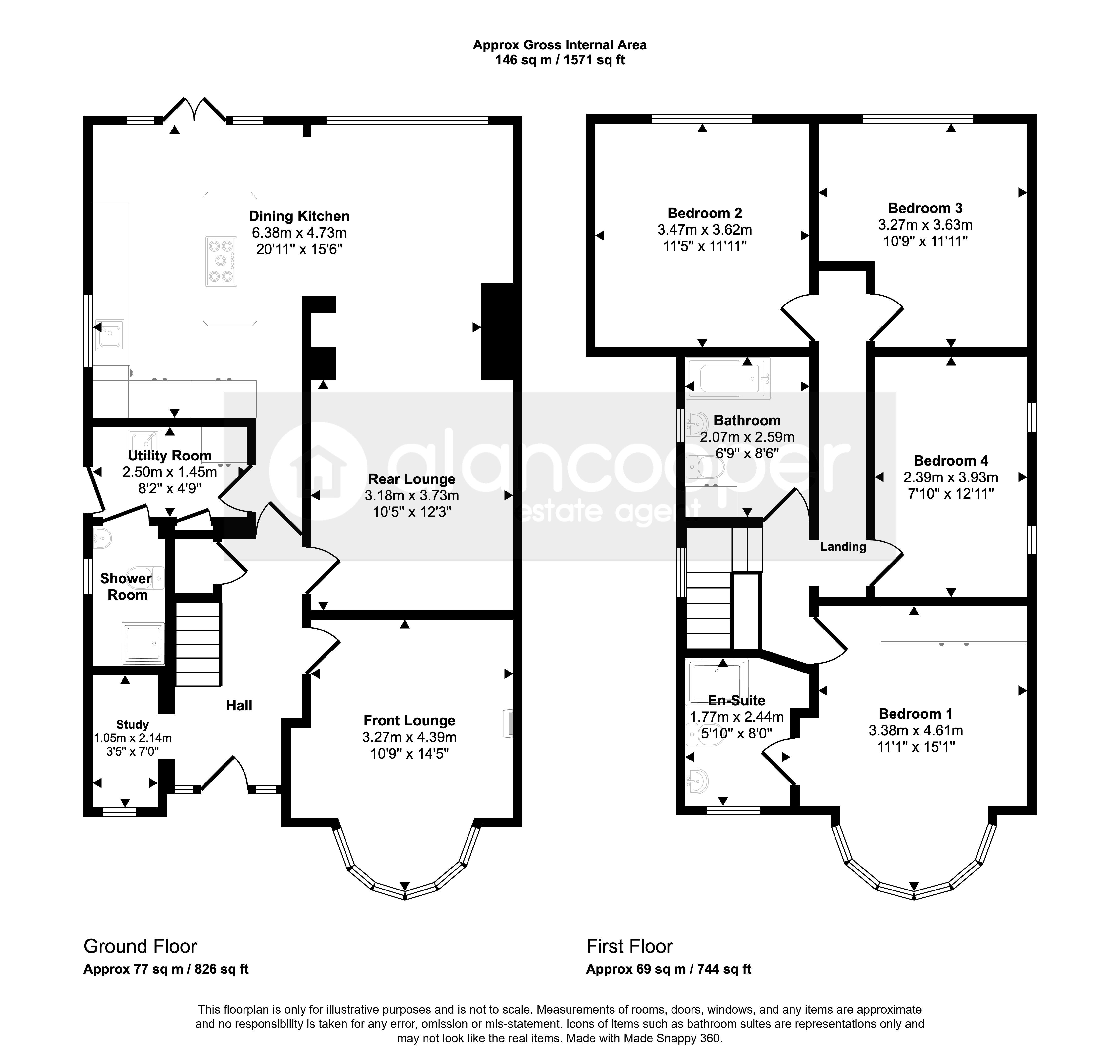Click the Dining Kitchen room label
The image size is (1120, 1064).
point(299,216)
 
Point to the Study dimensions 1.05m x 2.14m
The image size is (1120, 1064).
point(133,738)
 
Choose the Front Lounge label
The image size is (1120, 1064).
point(409,720)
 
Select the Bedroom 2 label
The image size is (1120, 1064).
point(705,213)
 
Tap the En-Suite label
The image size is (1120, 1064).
point(736,700)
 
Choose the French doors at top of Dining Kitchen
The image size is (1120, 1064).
point(194,109)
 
